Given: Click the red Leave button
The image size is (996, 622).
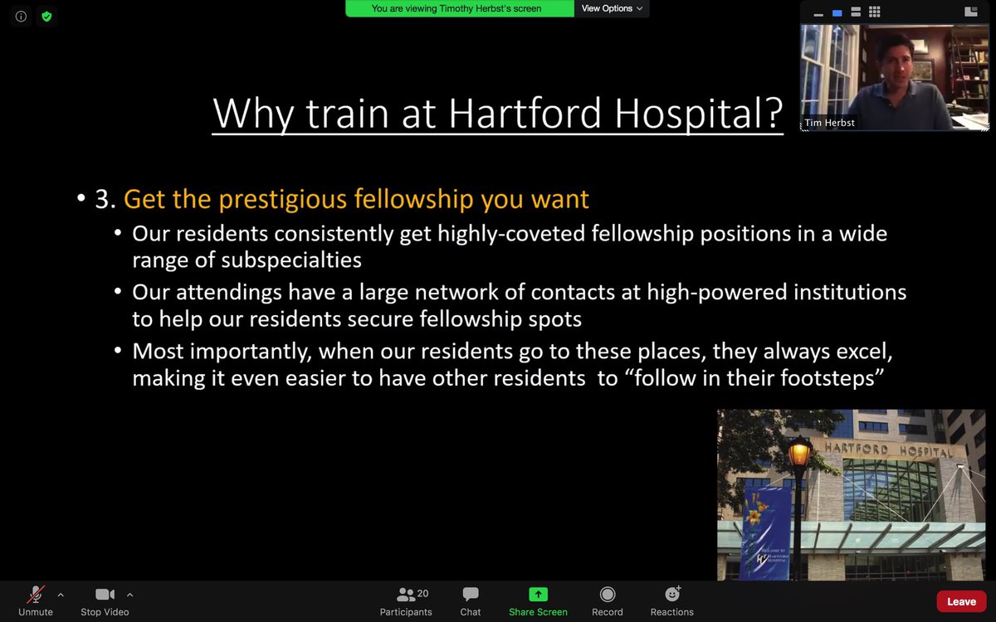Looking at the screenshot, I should point(961,601).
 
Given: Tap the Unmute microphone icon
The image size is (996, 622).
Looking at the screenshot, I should point(36,594).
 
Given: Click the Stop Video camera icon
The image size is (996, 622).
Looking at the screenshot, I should point(105,594).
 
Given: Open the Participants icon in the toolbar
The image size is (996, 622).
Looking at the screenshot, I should point(406,594).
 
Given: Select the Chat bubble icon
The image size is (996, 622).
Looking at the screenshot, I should point(471,594).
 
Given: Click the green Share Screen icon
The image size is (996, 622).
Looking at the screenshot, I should point(538,594).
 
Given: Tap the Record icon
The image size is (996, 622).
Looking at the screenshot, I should point(608,594).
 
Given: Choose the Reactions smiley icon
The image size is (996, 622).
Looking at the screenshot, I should point(672,594).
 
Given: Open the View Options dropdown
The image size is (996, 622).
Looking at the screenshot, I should point(613,8).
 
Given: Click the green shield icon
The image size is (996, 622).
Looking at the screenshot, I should point(46,16).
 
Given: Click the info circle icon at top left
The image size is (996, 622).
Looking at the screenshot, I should point(21,16).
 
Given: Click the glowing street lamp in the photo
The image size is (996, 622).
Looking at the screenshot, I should point(799,454).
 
